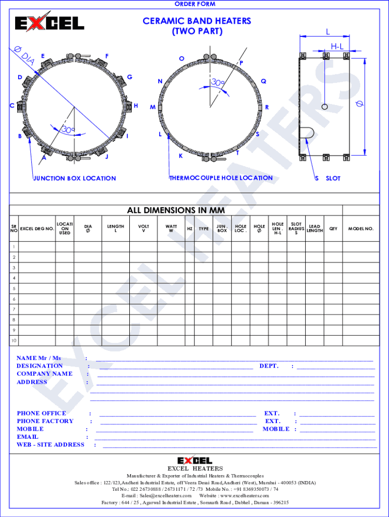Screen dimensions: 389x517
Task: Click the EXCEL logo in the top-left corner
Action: tap(50, 22)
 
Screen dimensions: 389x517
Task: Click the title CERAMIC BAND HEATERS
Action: tap(197, 21)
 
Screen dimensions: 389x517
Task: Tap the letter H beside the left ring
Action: tap(135, 106)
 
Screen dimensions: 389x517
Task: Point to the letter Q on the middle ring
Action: tap(263, 81)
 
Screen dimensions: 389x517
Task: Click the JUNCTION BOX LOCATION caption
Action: tap(75, 178)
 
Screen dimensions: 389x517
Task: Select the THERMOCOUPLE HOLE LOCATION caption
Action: tap(221, 178)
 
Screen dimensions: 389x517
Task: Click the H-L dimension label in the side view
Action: tap(337, 46)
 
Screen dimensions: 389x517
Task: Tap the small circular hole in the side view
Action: tap(325, 107)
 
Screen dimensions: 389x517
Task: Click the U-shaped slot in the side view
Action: tap(307, 133)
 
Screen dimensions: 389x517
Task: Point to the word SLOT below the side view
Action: tap(333, 178)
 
